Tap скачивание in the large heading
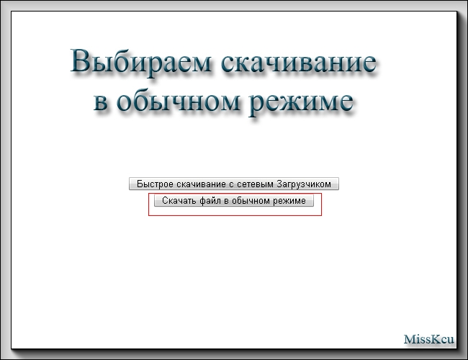tap(299, 61)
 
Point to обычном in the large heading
tap(178, 100)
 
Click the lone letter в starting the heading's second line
tap(101, 102)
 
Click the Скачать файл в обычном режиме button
tap(234, 200)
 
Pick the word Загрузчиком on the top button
tap(304, 184)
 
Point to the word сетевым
tap(256, 184)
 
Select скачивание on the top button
tap(202, 184)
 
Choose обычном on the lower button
tap(251, 201)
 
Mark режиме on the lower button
tap(289, 201)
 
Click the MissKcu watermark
tap(429, 339)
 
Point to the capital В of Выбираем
tap(81, 61)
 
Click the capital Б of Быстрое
tap(140, 184)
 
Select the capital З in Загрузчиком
tap(279, 184)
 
